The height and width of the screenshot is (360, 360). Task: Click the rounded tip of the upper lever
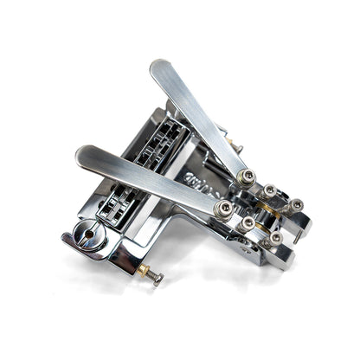160,68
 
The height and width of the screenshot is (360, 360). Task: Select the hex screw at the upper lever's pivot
248,177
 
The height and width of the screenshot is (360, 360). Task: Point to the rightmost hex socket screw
297,205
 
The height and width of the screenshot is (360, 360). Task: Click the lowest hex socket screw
275,237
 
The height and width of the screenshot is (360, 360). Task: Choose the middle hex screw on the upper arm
270,190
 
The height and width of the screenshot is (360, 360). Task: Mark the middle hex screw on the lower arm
249,223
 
